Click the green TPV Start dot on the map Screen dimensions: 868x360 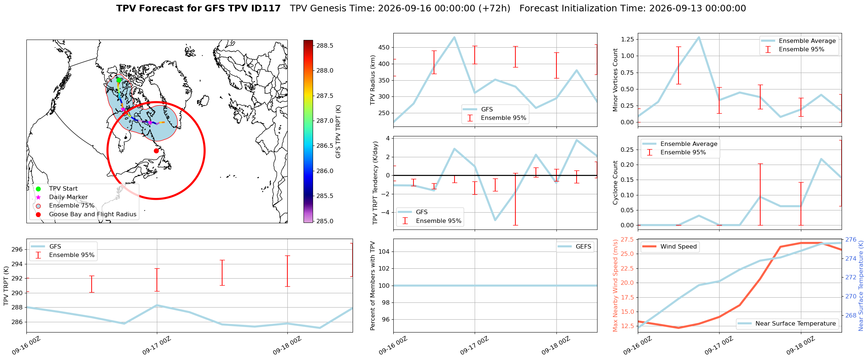tap(118, 80)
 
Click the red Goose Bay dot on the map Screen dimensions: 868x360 tap(156, 151)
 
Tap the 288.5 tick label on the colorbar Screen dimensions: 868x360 tap(325, 45)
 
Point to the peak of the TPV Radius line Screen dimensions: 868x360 tap(454, 37)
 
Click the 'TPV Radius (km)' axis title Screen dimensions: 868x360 tap(373, 80)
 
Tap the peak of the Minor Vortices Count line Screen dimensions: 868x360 tap(699, 37)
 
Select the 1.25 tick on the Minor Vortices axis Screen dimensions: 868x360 tap(628, 39)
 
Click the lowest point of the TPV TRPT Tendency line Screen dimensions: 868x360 tap(495, 220)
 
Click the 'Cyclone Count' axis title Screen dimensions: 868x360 tap(615, 183)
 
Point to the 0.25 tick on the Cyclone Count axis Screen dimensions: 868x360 tap(628, 150)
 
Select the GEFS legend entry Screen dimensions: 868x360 tap(574, 247)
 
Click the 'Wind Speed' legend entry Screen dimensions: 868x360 tap(670, 247)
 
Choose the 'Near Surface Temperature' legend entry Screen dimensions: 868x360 tap(787, 323)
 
